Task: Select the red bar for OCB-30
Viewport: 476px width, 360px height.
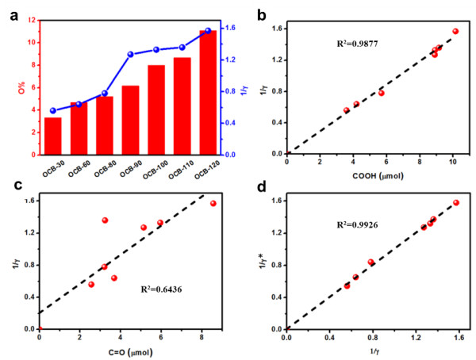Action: tap(53, 136)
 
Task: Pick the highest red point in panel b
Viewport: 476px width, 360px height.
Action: tap(455, 31)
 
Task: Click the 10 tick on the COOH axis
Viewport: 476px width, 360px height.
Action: tap(453, 162)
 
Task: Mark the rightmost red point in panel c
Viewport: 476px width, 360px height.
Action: tap(213, 204)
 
